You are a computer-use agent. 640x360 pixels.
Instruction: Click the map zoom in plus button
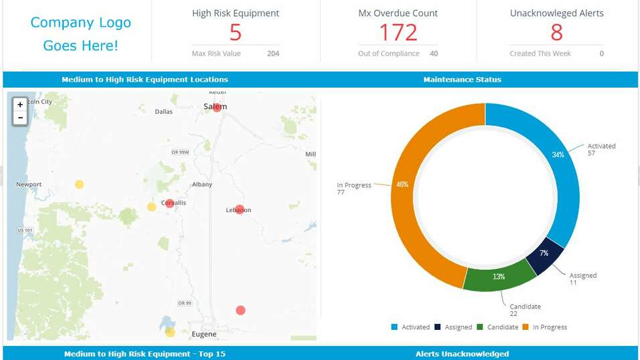point(20,105)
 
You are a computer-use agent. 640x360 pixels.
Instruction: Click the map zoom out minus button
point(20,118)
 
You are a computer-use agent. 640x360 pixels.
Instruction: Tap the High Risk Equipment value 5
point(235,32)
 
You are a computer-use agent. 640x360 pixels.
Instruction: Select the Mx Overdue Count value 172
point(398,32)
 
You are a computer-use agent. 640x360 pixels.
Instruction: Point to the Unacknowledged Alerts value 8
point(556,32)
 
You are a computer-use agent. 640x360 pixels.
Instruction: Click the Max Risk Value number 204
point(272,54)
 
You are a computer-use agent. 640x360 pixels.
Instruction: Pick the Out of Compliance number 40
point(434,54)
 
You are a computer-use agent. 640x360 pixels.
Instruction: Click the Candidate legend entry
point(498,327)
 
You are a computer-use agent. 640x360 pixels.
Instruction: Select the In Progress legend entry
point(545,327)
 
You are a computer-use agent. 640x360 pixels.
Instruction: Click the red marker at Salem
point(217,107)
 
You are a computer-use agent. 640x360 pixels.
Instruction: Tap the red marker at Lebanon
point(240,209)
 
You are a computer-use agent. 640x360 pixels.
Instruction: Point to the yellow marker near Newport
point(79,184)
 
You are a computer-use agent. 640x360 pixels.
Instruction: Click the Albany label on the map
point(202,185)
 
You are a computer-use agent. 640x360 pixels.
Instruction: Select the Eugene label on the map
point(204,334)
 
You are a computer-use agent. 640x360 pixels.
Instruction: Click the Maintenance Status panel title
point(462,80)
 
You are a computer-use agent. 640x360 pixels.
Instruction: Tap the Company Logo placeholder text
point(80,34)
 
